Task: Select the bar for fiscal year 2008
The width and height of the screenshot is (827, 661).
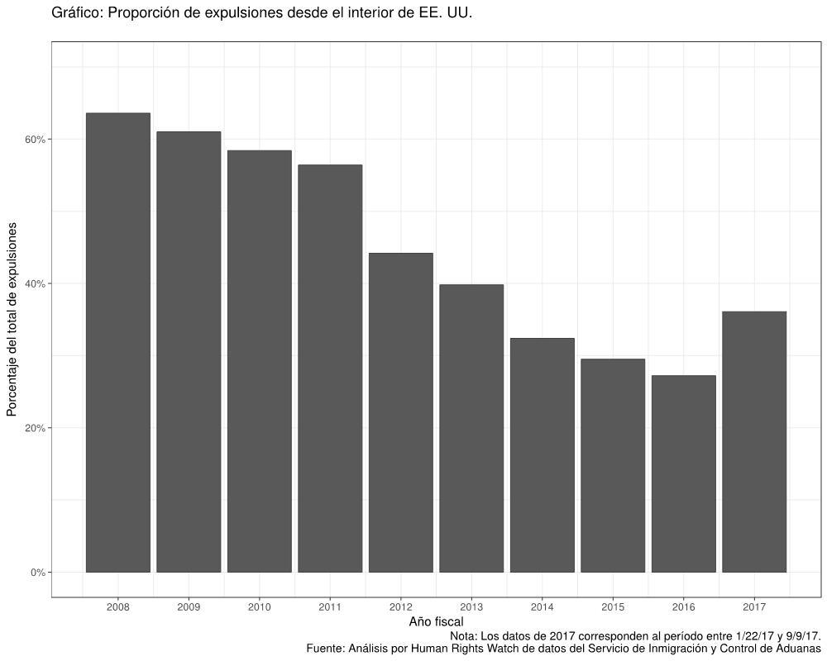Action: pos(118,342)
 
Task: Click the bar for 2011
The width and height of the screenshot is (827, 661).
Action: pos(330,369)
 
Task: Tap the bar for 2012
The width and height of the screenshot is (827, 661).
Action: pos(400,412)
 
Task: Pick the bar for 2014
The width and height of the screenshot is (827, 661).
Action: pos(542,454)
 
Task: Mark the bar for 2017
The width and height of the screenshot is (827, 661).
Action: pos(754,441)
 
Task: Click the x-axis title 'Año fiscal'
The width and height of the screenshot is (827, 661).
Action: pos(436,621)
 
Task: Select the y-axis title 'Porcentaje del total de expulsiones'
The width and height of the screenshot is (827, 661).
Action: pos(12,319)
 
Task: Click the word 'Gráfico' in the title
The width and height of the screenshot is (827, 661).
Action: pos(74,13)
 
